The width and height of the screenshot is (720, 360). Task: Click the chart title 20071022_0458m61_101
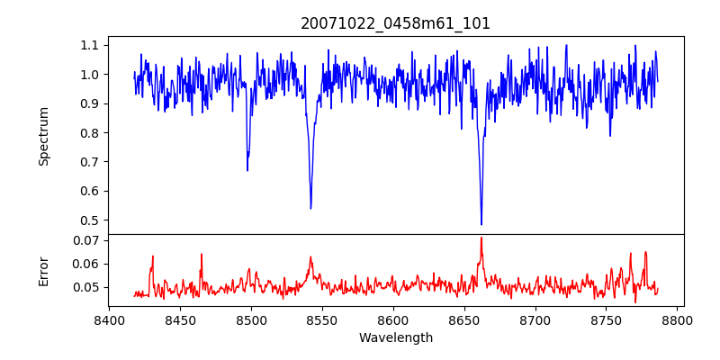pyautogui.click(x=396, y=23)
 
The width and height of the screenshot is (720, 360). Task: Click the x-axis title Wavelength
pyautogui.click(x=396, y=337)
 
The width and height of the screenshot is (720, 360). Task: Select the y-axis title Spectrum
pyautogui.click(x=44, y=136)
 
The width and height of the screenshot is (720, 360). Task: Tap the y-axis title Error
pyautogui.click(x=44, y=271)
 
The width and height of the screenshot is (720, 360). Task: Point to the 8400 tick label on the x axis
pyautogui.click(x=109, y=319)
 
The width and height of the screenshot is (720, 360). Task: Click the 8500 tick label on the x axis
pyautogui.click(x=251, y=319)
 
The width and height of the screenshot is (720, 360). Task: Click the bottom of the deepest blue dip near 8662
pyautogui.click(x=481, y=224)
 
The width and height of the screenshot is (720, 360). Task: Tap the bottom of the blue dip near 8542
pyautogui.click(x=310, y=209)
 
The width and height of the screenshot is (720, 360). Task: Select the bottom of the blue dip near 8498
pyautogui.click(x=247, y=170)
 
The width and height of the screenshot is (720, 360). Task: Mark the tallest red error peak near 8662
pyautogui.click(x=481, y=238)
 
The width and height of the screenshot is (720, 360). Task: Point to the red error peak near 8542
pyautogui.click(x=310, y=257)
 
